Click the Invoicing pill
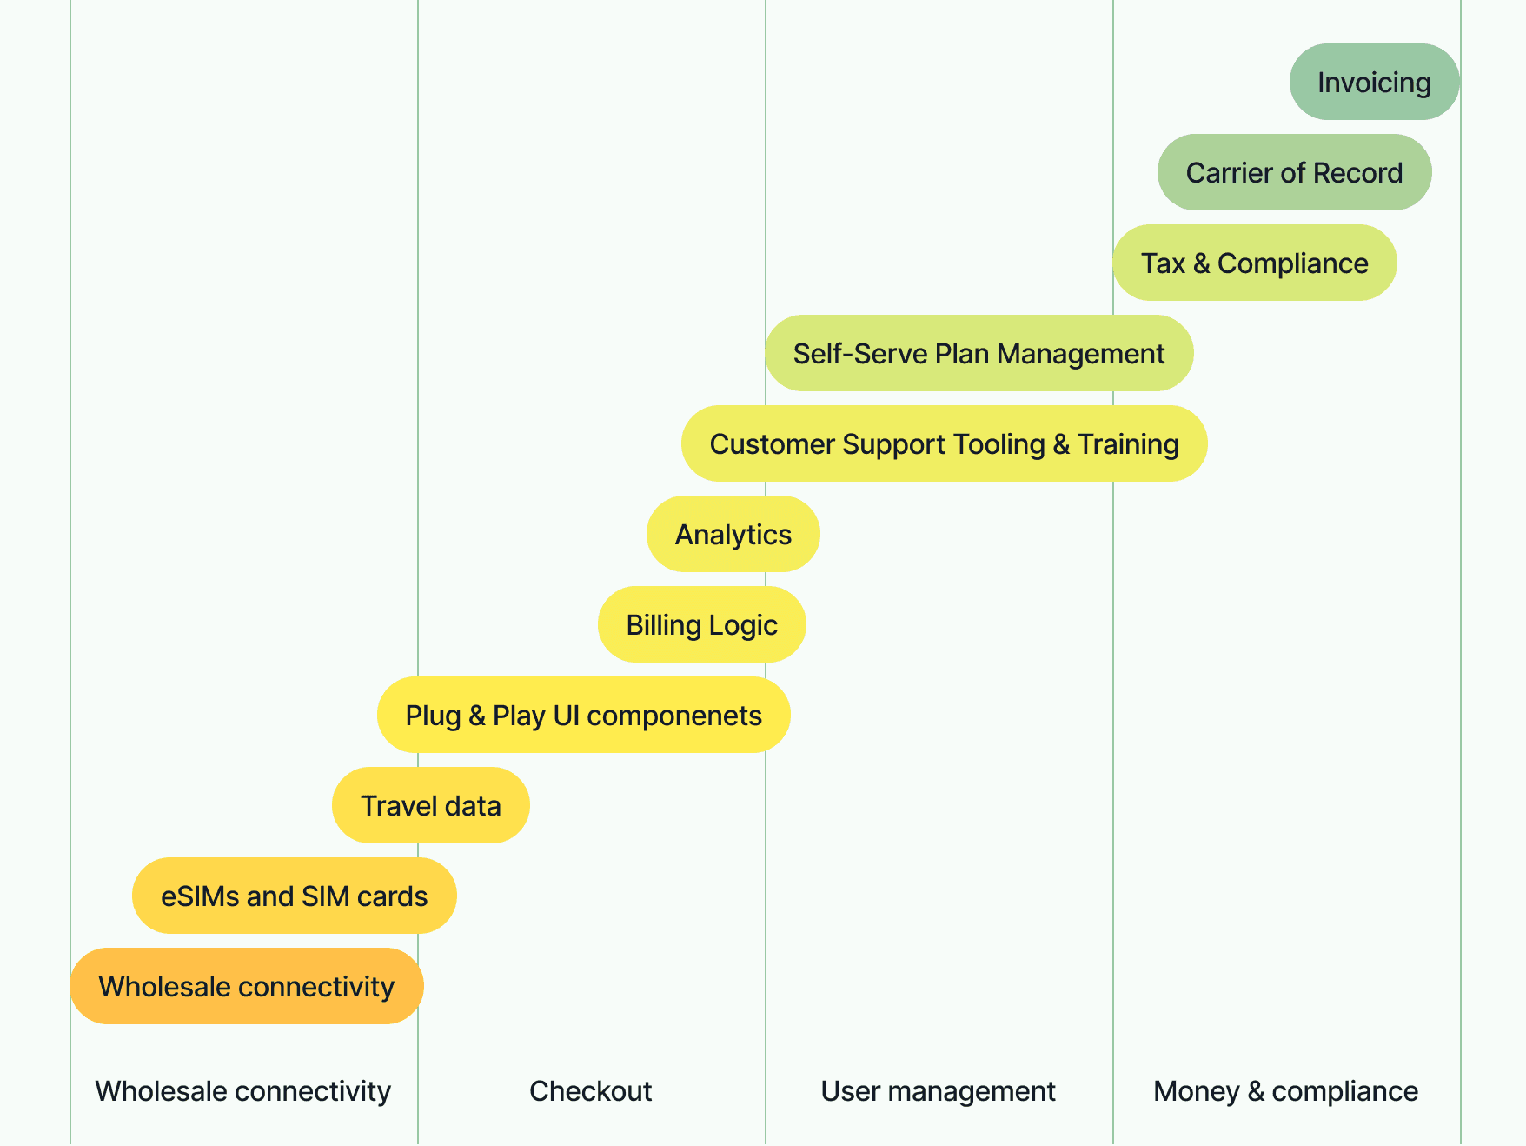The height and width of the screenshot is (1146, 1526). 1374,83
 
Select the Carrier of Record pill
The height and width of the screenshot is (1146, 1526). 1294,173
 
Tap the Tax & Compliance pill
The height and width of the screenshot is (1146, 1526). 1254,263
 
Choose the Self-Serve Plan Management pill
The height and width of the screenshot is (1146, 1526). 979,354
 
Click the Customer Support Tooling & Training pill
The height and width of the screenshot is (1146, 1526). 944,444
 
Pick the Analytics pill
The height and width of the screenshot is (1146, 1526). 733,535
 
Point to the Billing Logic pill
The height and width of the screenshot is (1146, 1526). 701,625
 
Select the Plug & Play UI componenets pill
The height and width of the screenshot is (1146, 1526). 583,716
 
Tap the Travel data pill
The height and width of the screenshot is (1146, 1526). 430,806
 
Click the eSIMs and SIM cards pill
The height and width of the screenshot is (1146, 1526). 294,896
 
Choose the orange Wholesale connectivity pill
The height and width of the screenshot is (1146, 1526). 246,987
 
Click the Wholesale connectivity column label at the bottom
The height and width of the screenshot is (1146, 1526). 243,1091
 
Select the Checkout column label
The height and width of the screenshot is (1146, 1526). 591,1091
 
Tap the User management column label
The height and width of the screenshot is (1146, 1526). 939,1091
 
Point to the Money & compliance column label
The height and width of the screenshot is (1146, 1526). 1286,1091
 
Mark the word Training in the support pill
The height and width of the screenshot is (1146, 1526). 1128,444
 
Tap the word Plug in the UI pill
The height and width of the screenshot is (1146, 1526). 433,716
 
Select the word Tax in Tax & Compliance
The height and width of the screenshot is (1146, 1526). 1163,263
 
